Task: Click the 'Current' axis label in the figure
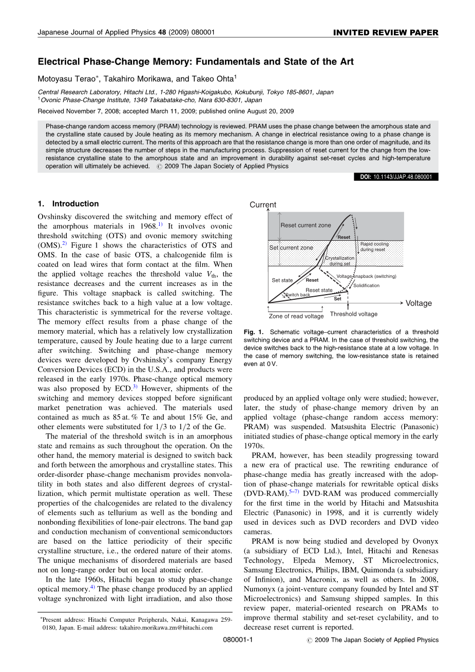[x=263, y=205]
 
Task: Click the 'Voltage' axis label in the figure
[x=419, y=303]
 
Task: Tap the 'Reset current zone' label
[x=306, y=225]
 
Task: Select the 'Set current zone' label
[x=291, y=248]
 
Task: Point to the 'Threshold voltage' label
[x=353, y=314]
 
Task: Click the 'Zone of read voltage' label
[x=296, y=316]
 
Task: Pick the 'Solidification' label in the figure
[x=366, y=285]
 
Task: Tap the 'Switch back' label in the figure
[x=298, y=295]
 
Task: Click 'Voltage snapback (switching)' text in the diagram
[x=366, y=277]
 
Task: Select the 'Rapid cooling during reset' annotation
[x=374, y=247]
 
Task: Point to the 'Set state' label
[x=282, y=280]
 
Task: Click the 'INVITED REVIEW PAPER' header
[x=386, y=32]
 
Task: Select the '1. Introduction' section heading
[x=68, y=204]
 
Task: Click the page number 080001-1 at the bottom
[x=238, y=640]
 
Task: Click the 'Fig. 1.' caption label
[x=254, y=332]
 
